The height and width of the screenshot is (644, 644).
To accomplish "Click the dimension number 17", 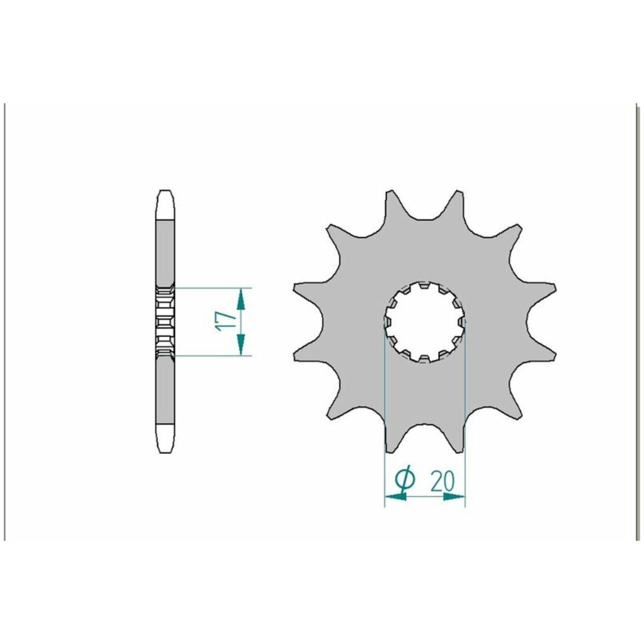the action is (x=225, y=321).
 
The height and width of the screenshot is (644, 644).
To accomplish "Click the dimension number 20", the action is (x=442, y=481).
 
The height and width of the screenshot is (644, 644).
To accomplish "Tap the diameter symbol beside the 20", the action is (x=404, y=479).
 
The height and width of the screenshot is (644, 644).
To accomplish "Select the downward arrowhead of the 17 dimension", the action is (x=241, y=344).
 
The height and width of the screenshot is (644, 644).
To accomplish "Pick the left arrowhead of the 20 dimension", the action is (x=395, y=497).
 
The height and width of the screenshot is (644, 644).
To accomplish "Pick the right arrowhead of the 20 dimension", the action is (x=454, y=497).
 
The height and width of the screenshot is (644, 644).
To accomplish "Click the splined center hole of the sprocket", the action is (x=425, y=322).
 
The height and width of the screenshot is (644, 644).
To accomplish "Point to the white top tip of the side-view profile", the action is (x=165, y=205).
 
